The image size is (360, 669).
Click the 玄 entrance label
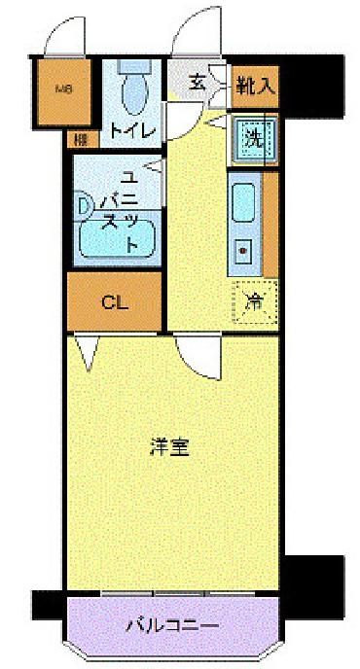[x=197, y=83]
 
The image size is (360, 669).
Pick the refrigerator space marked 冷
[x=254, y=300]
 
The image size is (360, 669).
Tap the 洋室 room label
[x=169, y=448]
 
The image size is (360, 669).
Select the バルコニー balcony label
[x=172, y=625]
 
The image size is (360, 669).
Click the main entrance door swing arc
[x=199, y=29]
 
